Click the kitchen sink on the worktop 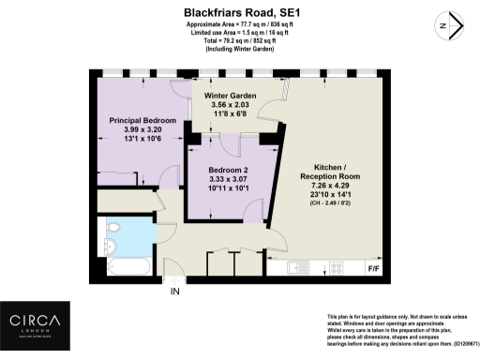click(x=299, y=268)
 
